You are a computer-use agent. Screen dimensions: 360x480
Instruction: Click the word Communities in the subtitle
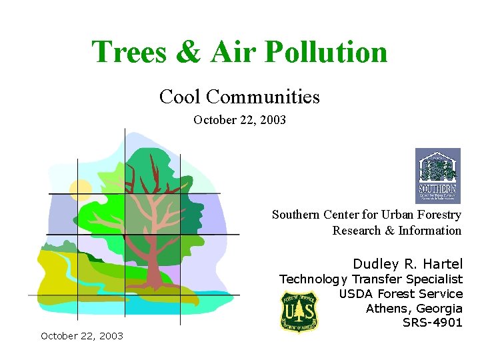click(263, 97)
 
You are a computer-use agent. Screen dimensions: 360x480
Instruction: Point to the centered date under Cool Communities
click(239, 120)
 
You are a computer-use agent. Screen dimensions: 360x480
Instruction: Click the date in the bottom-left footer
click(82, 336)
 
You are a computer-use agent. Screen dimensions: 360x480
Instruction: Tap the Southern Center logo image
click(437, 175)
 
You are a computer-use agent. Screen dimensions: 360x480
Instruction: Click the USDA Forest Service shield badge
click(299, 311)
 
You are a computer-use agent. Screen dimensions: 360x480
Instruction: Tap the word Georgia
click(439, 309)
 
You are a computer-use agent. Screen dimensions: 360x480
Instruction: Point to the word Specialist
click(429, 279)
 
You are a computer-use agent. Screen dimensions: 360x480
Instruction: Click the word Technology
click(313, 279)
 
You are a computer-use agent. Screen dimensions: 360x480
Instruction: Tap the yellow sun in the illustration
click(81, 189)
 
